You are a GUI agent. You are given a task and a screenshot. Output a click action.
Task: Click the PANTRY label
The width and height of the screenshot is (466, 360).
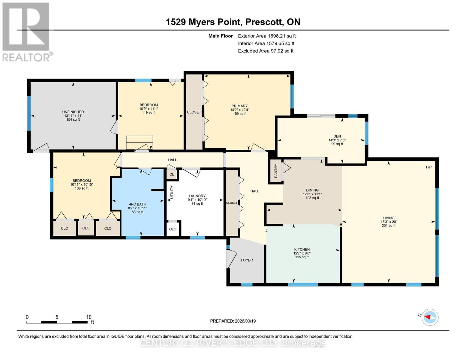(x=275, y=170)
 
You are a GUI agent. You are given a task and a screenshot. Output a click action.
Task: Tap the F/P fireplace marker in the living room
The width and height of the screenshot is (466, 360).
(x=429, y=167)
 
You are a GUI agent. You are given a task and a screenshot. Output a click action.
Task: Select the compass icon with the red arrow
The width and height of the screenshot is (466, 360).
(x=430, y=317)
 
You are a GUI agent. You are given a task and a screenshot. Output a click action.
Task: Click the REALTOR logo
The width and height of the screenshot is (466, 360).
(x=26, y=32)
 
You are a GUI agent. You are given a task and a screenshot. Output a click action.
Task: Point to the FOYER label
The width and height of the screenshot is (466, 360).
(x=247, y=260)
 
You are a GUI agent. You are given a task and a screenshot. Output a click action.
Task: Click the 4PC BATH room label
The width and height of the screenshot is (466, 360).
(x=137, y=204)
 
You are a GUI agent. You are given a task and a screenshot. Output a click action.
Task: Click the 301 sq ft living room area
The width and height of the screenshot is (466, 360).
(x=389, y=226)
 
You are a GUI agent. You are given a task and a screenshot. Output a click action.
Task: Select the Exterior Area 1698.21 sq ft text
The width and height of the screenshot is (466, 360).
(x=267, y=36)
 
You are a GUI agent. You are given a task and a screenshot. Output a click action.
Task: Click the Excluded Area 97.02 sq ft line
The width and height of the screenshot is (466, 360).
(x=266, y=51)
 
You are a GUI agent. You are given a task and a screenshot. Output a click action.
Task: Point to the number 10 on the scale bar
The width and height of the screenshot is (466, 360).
(x=89, y=317)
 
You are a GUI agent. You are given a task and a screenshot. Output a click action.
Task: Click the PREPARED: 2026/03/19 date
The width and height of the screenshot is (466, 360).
(x=233, y=321)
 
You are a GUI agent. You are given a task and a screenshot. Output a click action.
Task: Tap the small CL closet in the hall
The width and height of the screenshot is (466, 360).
(x=172, y=174)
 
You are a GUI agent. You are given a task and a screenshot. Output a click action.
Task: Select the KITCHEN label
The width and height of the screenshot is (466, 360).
(x=302, y=249)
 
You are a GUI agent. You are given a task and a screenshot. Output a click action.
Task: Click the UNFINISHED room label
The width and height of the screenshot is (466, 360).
(x=73, y=112)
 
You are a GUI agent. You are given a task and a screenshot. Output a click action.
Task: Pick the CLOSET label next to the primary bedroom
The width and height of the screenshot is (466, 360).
(x=194, y=112)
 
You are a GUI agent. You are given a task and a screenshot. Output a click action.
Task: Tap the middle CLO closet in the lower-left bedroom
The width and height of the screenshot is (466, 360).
(x=86, y=228)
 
